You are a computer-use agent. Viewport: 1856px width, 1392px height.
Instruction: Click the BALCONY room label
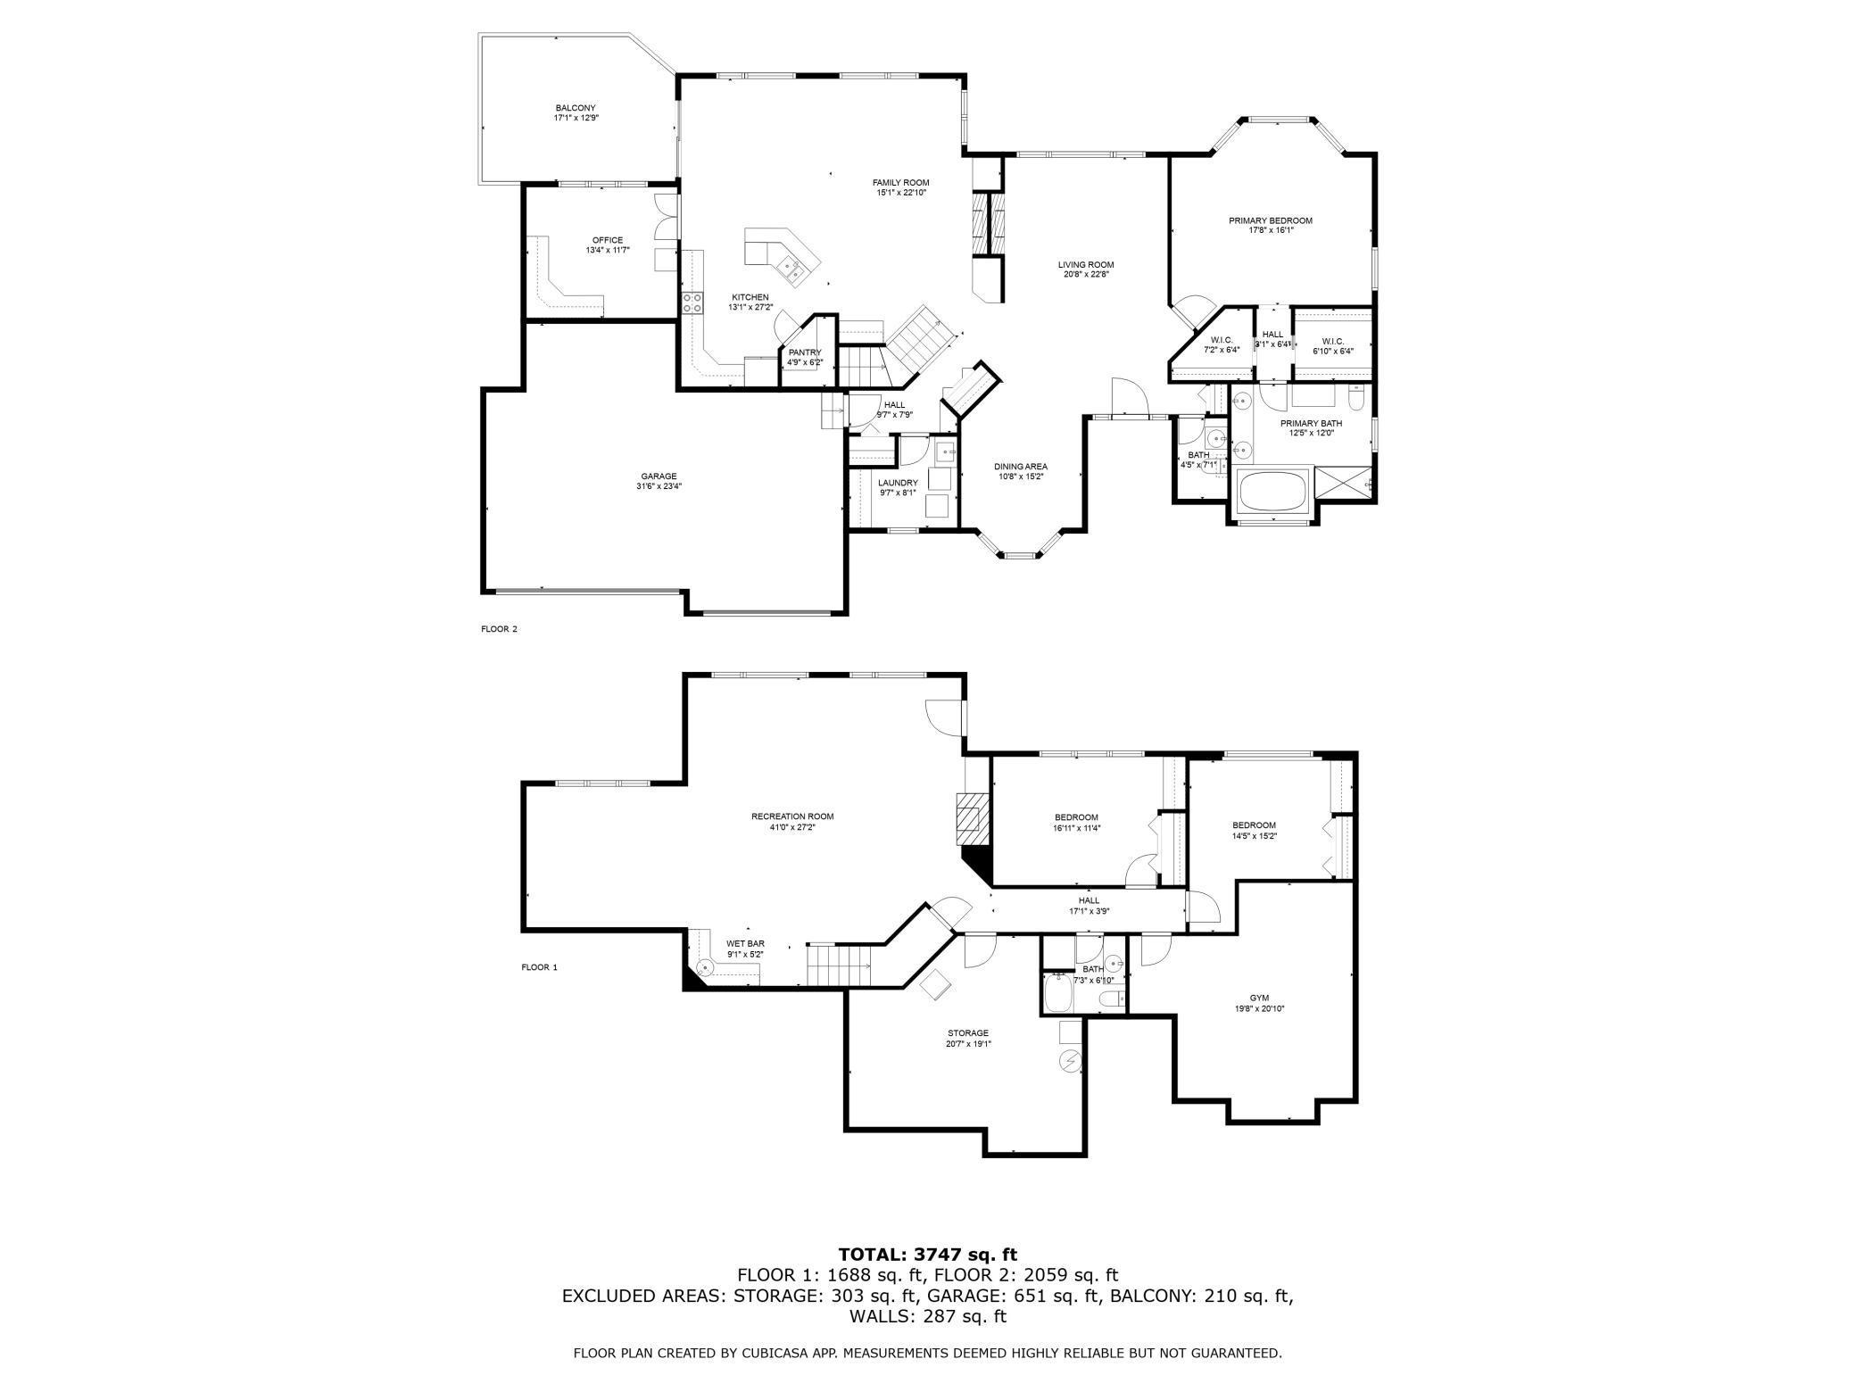pos(575,108)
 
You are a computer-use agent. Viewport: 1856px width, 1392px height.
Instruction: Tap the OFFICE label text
pos(608,240)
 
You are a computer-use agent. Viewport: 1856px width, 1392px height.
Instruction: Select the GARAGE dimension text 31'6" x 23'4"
pos(659,486)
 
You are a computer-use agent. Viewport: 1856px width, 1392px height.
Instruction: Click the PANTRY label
pos(804,352)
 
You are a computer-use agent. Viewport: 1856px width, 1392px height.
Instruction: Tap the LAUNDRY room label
pos(898,483)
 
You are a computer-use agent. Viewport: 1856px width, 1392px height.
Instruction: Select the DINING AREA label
pos(1021,467)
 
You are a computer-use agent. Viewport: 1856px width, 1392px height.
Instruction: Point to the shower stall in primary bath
pos(1345,486)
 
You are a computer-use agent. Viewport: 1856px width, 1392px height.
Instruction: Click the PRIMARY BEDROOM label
pos(1270,220)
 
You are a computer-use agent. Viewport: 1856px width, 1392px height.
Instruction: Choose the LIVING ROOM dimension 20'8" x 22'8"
pos(1086,275)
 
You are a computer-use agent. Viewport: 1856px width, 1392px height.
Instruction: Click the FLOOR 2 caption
pos(499,629)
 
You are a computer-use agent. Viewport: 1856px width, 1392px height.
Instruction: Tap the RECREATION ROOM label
pos(792,816)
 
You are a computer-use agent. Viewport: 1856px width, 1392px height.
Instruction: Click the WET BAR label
pos(745,944)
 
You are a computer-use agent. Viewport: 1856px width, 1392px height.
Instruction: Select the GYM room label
pos(1259,998)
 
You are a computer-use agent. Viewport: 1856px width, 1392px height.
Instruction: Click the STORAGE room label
pos(968,1033)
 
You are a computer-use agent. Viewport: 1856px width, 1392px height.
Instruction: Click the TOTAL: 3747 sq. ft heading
pos(927,1255)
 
